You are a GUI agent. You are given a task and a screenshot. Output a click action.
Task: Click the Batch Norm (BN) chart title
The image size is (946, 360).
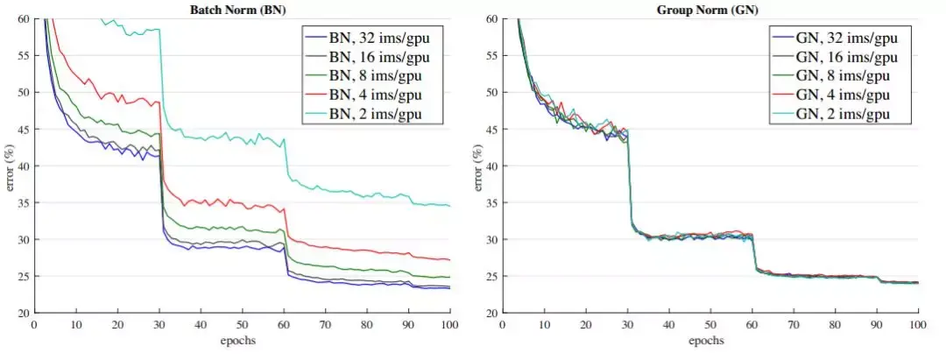[241, 10]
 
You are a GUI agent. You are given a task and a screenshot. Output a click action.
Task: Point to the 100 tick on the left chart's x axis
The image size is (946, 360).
[449, 323]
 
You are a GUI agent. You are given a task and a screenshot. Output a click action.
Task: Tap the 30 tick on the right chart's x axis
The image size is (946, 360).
[627, 323]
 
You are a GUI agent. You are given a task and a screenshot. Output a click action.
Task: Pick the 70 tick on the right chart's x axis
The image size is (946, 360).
[794, 323]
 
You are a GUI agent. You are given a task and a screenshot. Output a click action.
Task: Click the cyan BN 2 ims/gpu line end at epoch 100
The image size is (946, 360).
[449, 206]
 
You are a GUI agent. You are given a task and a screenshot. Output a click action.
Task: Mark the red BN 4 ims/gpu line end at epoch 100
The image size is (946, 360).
[449, 259]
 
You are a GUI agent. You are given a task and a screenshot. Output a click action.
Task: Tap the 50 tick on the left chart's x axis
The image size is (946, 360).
[242, 323]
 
